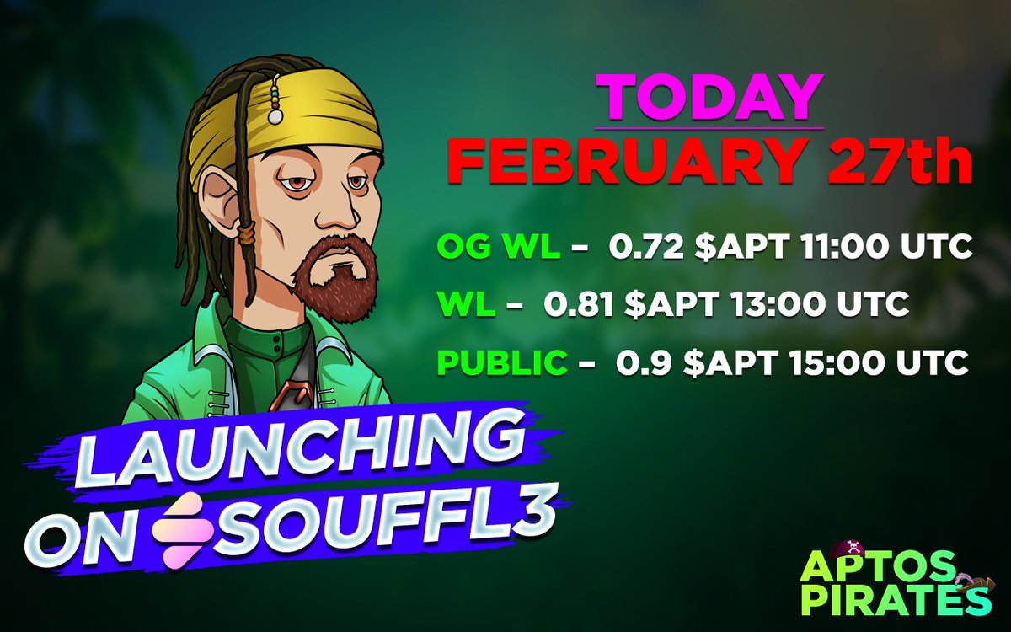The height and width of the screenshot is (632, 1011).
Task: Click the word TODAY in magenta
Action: (x=709, y=99)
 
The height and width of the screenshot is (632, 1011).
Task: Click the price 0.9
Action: (x=637, y=363)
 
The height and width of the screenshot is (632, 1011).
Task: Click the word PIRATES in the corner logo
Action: (x=894, y=601)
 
